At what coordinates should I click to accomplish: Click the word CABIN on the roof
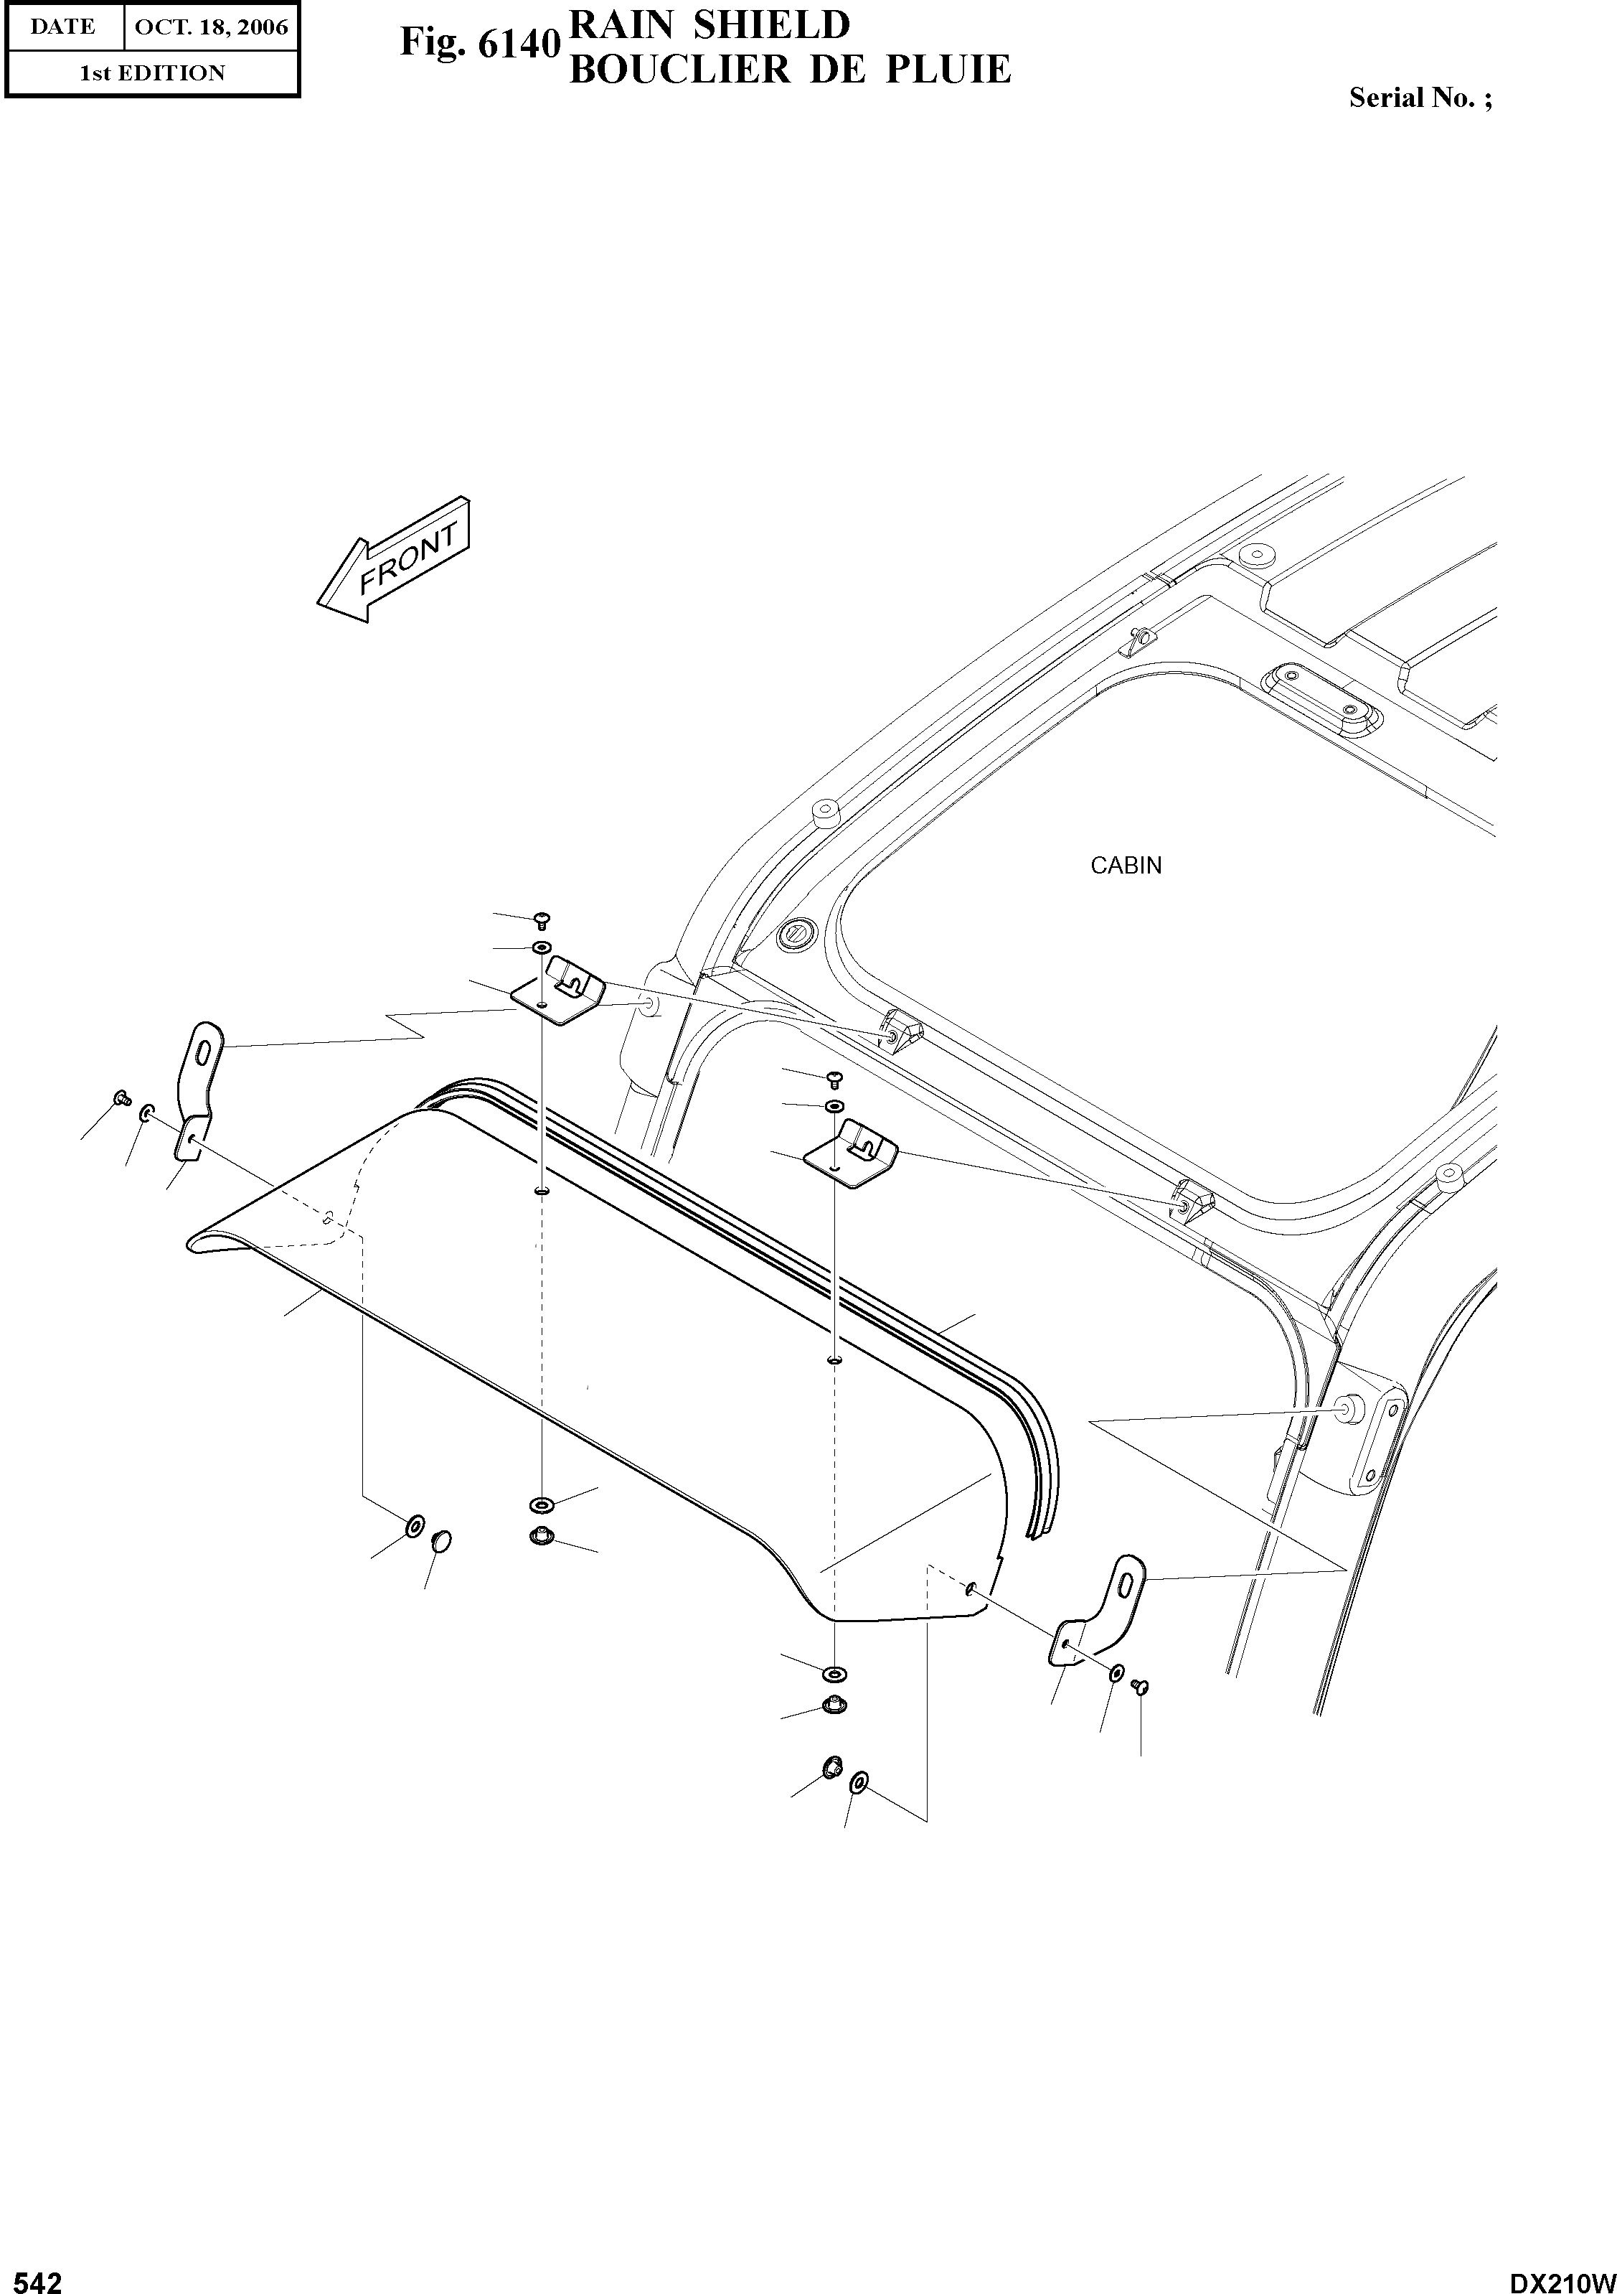pyautogui.click(x=1126, y=865)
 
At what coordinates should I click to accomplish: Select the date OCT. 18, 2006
pyautogui.click(x=211, y=27)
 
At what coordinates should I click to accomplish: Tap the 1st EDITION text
pyautogui.click(x=152, y=73)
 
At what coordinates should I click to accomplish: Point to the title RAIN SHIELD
pyautogui.click(x=709, y=24)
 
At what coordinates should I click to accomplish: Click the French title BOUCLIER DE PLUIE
pyautogui.click(x=789, y=69)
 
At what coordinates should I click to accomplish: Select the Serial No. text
pyautogui.click(x=1420, y=97)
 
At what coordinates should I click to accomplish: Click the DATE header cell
pyautogui.click(x=63, y=27)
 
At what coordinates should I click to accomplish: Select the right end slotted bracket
pyautogui.click(x=1098, y=1609)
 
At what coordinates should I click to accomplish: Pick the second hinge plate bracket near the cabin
pyautogui.click(x=851, y=1152)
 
